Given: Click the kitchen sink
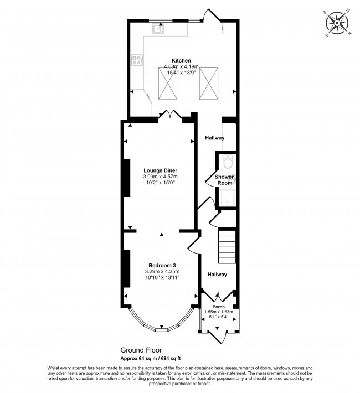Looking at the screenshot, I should [157, 29].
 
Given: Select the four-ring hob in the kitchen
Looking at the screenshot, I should [137, 60].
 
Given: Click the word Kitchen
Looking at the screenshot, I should [181, 60].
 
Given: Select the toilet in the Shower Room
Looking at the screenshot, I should [227, 163].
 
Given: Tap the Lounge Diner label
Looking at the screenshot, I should [160, 170].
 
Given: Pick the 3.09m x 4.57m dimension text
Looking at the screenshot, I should [160, 177].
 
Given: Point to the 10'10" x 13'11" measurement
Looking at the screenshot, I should [162, 278].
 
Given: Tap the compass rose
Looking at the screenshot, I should [336, 23].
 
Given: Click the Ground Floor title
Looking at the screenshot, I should [141, 350].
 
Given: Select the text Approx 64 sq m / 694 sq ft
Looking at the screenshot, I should [152, 359].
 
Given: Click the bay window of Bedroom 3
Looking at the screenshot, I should [161, 325].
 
